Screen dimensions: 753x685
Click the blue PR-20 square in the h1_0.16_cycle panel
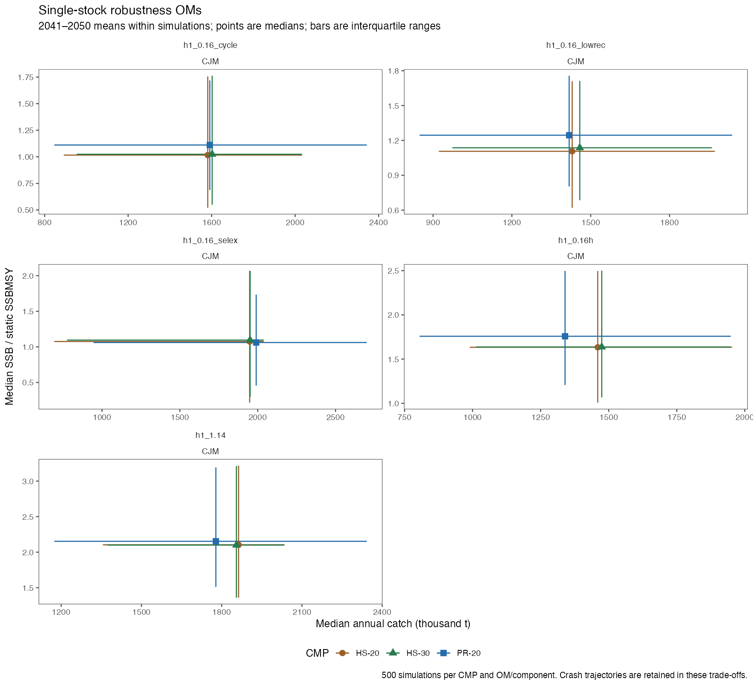pyautogui.click(x=210, y=145)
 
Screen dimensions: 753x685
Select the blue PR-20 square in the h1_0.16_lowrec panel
pyautogui.click(x=569, y=135)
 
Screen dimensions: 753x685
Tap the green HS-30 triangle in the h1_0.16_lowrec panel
pyautogui.click(x=580, y=147)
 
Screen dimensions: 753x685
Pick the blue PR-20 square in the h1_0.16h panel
pyautogui.click(x=565, y=336)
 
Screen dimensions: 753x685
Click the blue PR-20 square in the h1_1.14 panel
pyautogui.click(x=216, y=542)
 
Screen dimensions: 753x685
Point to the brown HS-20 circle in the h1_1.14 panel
pyautogui.click(x=238, y=545)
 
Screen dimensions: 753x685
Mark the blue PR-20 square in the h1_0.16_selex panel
pyautogui.click(x=256, y=342)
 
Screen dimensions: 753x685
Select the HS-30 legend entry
pyautogui.click(x=408, y=653)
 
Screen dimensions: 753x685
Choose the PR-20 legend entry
pyautogui.click(x=459, y=653)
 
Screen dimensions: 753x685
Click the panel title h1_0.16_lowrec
pyautogui.click(x=575, y=45)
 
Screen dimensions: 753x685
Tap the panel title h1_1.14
pyautogui.click(x=210, y=435)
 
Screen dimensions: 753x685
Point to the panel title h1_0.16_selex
pyautogui.click(x=210, y=241)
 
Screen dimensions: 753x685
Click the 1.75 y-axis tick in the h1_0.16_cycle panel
pyautogui.click(x=26, y=77)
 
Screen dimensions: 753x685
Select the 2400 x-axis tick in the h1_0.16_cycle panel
pyautogui.click(x=379, y=222)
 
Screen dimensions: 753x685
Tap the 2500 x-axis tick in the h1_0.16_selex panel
pyautogui.click(x=335, y=417)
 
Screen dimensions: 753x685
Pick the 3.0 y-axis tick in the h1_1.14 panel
pyautogui.click(x=28, y=481)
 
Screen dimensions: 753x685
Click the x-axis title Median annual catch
pyautogui.click(x=393, y=624)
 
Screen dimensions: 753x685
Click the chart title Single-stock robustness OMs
pyautogui.click(x=120, y=10)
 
